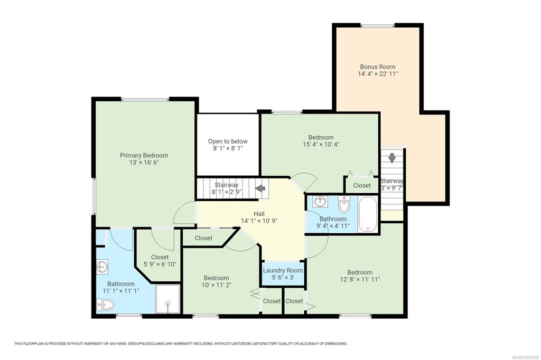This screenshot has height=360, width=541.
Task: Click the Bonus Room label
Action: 377,67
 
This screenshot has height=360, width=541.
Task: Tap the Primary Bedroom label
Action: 144,155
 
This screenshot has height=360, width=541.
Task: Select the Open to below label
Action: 228,141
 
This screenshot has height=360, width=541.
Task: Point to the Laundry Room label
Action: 283,270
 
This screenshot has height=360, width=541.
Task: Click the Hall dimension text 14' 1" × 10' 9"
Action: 259,221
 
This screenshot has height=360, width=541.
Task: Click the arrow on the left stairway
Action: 260,188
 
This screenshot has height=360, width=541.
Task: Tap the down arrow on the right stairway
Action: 392,158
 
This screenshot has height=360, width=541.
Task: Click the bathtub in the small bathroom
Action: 368,214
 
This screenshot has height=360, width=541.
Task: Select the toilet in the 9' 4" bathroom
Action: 344,204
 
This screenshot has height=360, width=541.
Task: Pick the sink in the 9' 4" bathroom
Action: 320,201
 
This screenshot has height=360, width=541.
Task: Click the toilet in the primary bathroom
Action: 106,305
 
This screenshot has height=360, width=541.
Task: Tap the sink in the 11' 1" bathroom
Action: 102,267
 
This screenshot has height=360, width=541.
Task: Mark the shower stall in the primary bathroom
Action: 167,299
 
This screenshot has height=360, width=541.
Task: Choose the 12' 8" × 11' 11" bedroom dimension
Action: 360,279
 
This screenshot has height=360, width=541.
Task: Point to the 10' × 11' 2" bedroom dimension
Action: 216,285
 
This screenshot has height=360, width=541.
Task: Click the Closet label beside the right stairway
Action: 362,185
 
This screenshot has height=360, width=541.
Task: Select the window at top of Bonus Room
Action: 378,25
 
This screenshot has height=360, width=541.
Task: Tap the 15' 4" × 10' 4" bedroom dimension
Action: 321,144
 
